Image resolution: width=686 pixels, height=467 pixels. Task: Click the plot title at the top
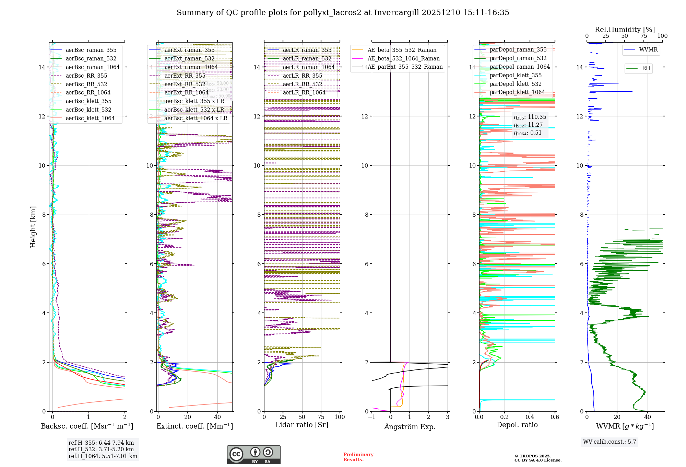[x=343, y=13]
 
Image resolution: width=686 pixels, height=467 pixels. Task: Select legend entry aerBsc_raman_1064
[x=93, y=67]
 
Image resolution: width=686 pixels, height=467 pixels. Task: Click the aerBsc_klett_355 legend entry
[x=88, y=101]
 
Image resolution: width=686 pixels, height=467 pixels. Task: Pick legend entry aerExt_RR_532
[x=185, y=84]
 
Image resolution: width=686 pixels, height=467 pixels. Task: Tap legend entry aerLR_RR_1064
[x=304, y=92]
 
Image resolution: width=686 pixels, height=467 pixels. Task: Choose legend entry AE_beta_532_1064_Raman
[x=403, y=58]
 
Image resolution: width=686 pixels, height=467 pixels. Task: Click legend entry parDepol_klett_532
[x=516, y=84]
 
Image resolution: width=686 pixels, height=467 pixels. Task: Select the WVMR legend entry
[x=648, y=50]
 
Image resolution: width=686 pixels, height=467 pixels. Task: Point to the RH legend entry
[x=646, y=68]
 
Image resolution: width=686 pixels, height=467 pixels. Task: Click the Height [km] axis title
[x=33, y=227]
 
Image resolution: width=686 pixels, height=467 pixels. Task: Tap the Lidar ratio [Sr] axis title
[x=302, y=425]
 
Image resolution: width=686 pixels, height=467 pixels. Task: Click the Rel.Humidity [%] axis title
[x=625, y=30]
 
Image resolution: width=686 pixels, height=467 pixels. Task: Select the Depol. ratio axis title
[x=517, y=425]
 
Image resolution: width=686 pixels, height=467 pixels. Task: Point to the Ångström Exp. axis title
[x=410, y=426]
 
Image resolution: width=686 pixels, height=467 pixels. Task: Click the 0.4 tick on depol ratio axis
[x=530, y=417]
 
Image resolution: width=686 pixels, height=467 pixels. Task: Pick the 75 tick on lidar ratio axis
[x=321, y=417]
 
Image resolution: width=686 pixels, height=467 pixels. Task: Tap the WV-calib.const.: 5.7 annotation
[x=610, y=442]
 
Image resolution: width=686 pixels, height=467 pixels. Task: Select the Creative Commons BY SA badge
[x=253, y=455]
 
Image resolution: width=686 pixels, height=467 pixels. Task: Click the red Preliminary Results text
[x=358, y=457]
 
